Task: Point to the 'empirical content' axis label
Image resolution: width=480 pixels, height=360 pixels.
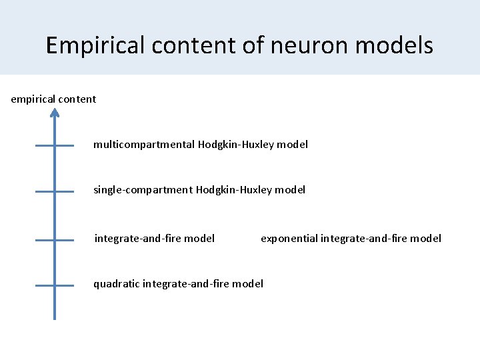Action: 53,99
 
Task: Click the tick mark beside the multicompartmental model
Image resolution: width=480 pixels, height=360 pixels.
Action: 55,145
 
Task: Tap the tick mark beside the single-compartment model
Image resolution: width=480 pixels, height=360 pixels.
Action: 55,191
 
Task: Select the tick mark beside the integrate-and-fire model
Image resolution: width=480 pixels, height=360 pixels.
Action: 55,239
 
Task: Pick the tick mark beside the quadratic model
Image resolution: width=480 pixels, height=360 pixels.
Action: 55,285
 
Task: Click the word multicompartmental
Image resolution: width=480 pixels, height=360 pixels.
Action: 144,145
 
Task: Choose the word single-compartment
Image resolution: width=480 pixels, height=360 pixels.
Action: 143,190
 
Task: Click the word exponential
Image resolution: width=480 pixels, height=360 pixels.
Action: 289,239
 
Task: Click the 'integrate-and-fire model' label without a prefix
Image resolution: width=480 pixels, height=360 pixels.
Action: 155,239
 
